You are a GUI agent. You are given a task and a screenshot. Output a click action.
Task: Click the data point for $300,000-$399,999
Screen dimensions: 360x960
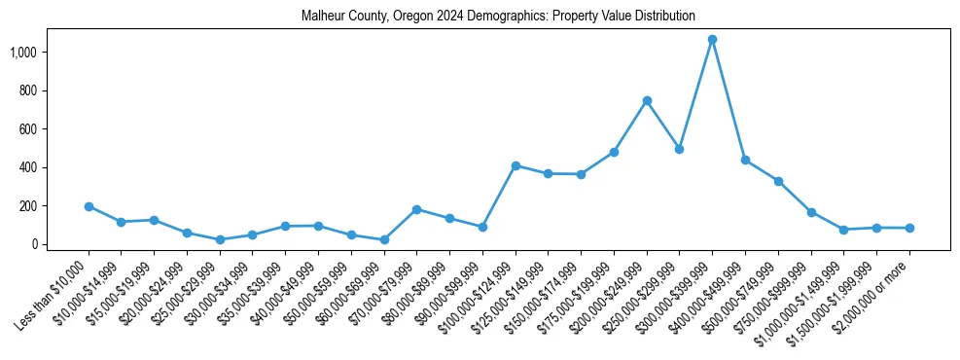pos(712,40)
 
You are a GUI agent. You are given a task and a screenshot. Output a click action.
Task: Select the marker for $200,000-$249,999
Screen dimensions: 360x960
pos(647,100)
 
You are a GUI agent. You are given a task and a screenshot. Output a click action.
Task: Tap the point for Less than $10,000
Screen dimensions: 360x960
pos(89,206)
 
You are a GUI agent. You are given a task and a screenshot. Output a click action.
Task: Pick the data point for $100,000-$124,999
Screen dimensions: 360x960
pos(516,165)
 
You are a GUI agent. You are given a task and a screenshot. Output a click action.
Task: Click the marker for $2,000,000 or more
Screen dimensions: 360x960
pos(909,228)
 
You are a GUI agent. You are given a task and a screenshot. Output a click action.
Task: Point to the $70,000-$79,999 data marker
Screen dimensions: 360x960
pos(416,209)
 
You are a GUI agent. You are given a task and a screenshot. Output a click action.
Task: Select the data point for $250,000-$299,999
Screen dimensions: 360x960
pos(680,149)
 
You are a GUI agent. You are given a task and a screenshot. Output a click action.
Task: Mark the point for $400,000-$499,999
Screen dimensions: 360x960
pos(745,160)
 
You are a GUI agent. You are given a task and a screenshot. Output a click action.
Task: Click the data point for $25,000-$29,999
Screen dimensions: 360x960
pos(220,239)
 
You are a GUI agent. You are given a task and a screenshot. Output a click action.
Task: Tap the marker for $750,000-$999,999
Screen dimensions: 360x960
pos(811,212)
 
